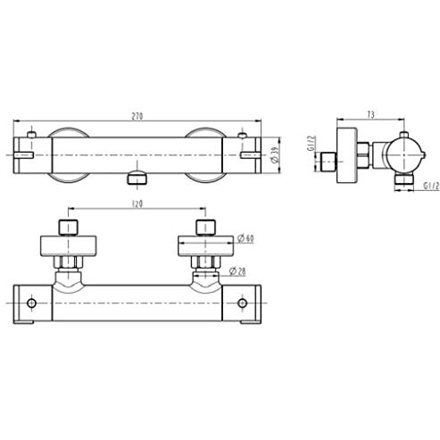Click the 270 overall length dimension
pos(137,116)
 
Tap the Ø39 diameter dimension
pos(275,155)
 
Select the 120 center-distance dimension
pos(137,203)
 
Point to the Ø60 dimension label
pos(245,238)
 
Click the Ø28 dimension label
pos(237,271)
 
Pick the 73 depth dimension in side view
pos(370,114)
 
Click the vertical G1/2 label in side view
pos(311,144)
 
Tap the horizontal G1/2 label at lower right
pos(431,187)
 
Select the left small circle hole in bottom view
pos(31,303)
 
